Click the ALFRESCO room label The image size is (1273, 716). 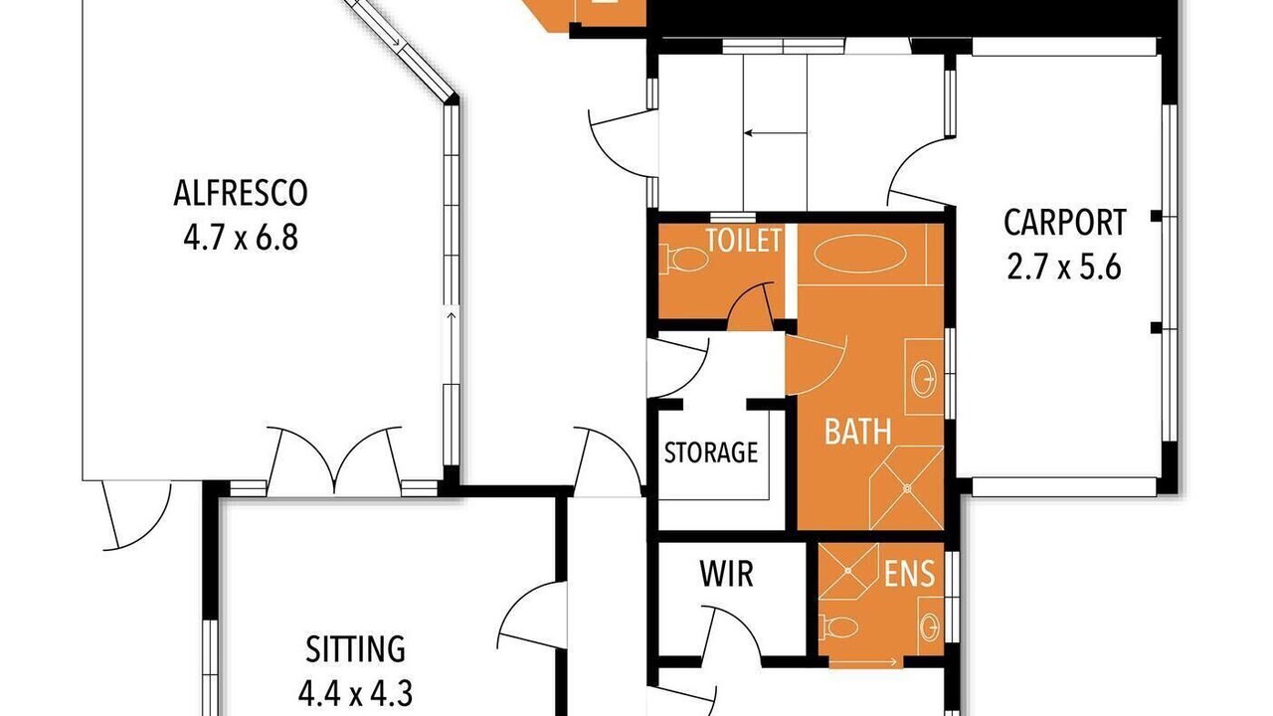pyautogui.click(x=241, y=193)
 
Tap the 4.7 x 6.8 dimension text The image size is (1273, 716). pyautogui.click(x=241, y=238)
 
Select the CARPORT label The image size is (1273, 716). pyautogui.click(x=1064, y=223)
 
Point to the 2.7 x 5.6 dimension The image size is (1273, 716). pyautogui.click(x=1064, y=268)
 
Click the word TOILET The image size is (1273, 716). pyautogui.click(x=744, y=241)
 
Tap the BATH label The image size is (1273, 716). pyautogui.click(x=857, y=432)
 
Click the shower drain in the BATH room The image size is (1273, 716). pyautogui.click(x=907, y=487)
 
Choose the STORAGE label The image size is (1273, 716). pyautogui.click(x=711, y=452)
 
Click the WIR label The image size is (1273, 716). pyautogui.click(x=727, y=574)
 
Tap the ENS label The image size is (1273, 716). pyautogui.click(x=909, y=574)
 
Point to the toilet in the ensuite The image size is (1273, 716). pyautogui.click(x=838, y=626)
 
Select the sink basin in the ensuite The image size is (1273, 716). pyautogui.click(x=930, y=627)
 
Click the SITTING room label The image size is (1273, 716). pyautogui.click(x=356, y=649)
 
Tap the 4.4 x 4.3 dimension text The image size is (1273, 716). pyautogui.click(x=356, y=694)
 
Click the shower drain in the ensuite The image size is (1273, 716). pyautogui.click(x=847, y=570)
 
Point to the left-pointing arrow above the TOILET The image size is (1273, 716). pyautogui.click(x=775, y=133)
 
